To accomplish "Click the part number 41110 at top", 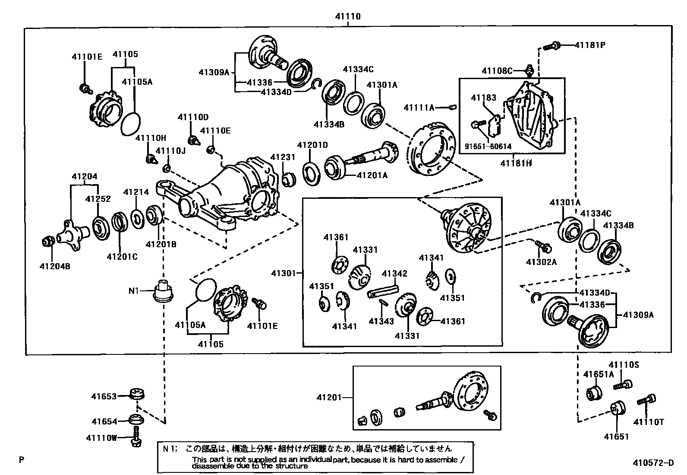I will click(347, 17).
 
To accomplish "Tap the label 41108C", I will click(497, 71).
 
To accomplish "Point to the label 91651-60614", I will click(488, 147).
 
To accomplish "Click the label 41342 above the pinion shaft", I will click(394, 274).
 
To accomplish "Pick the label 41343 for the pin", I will click(381, 321).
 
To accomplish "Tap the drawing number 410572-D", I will click(653, 463).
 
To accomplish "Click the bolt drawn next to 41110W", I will click(136, 437).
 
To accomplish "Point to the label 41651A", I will click(598, 374).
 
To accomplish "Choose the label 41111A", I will click(419, 107).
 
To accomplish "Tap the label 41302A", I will click(541, 261).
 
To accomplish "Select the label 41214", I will click(136, 192).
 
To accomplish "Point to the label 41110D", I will click(193, 117).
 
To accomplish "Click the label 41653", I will click(104, 396).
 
